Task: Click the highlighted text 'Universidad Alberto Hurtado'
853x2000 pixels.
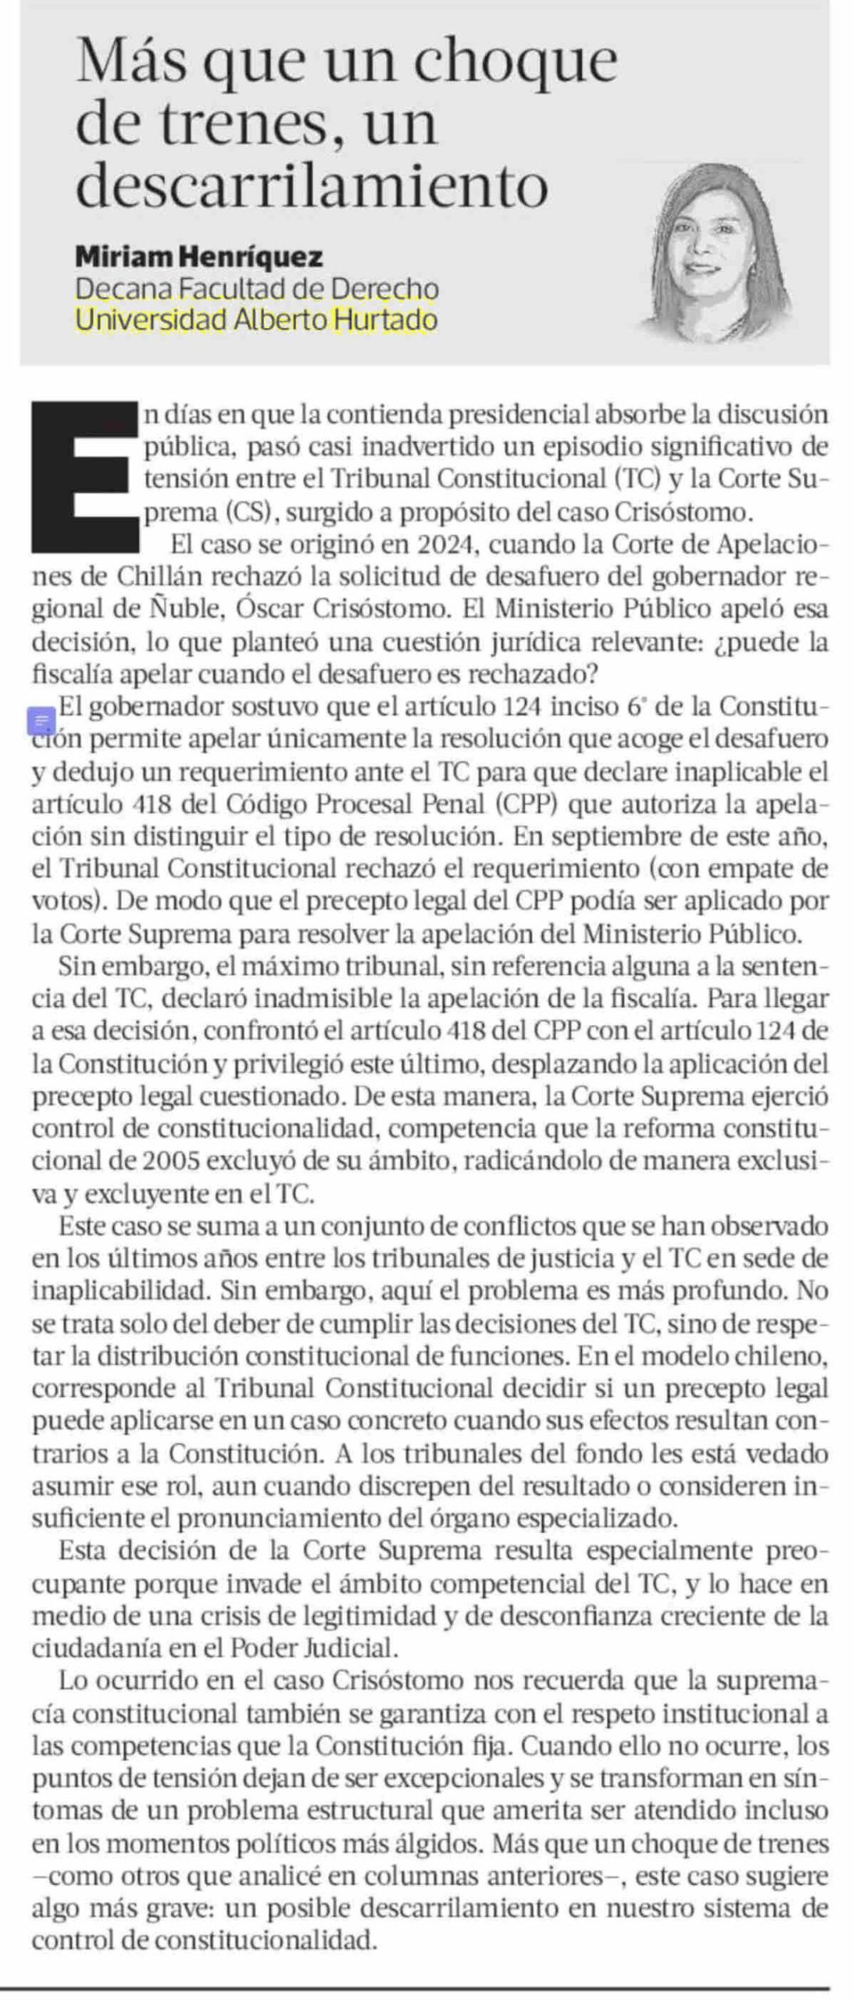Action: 255,320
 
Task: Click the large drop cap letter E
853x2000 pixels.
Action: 84,476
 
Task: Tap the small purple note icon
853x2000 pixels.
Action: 41,720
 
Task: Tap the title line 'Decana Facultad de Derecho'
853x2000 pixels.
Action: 256,288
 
